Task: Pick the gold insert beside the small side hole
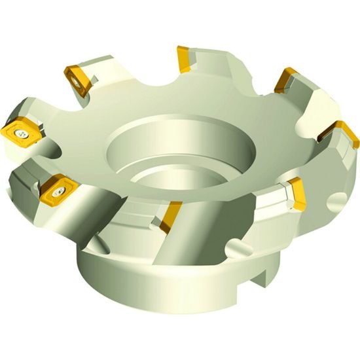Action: [x=297, y=194]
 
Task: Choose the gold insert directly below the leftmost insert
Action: [x=57, y=189]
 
